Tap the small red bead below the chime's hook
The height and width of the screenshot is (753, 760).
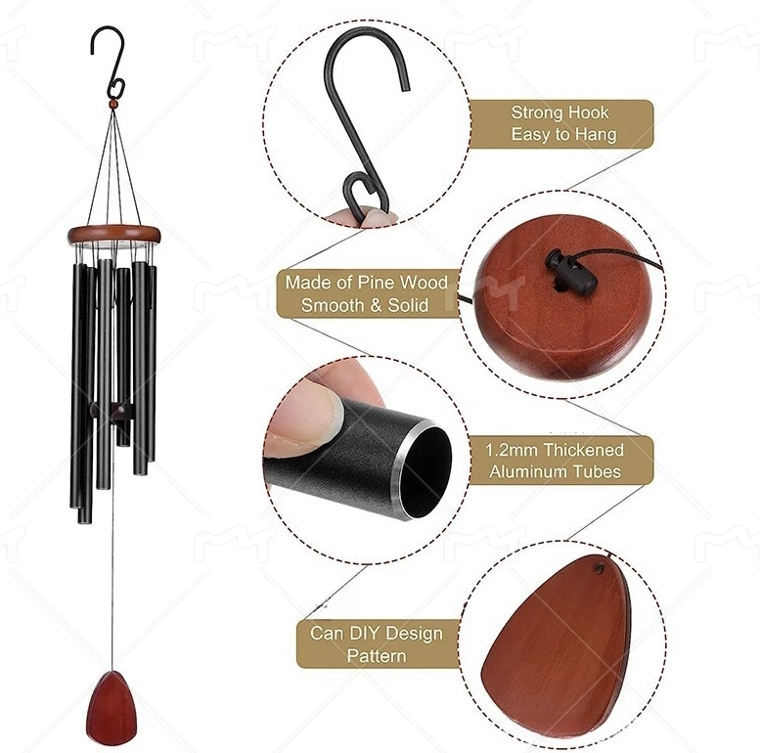(113, 101)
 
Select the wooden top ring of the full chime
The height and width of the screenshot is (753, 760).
(113, 235)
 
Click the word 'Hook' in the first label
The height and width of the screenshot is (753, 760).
(590, 112)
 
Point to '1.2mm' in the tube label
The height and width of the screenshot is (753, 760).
(510, 450)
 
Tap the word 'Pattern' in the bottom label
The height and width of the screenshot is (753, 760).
(377, 655)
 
